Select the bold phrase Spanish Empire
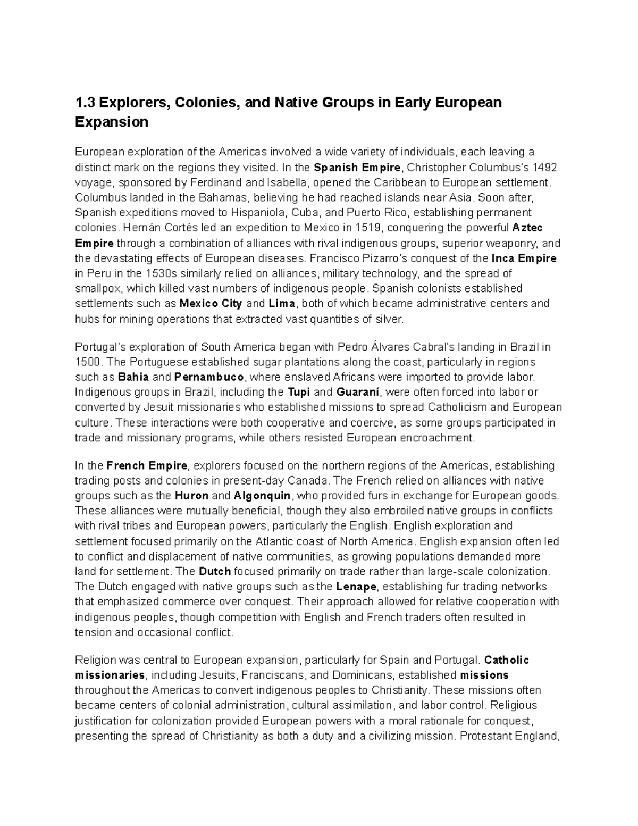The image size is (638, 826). pos(357,168)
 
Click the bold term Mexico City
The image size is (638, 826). pos(211,304)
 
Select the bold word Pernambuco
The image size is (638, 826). pos(209,377)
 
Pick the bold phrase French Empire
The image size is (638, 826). pos(147,466)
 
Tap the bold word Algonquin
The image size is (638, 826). pos(262,496)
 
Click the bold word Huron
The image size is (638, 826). pos(191,496)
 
